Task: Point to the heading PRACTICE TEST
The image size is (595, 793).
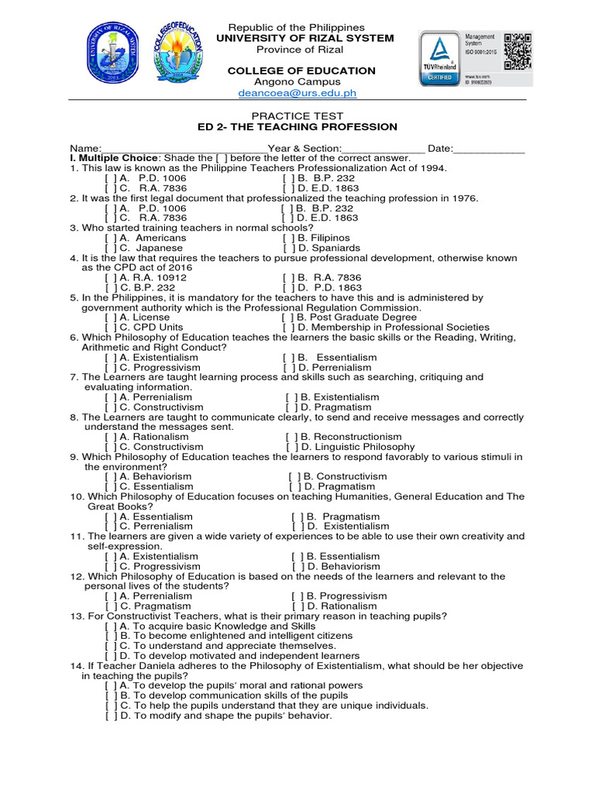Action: [298, 116]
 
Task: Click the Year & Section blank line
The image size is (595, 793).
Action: [383, 149]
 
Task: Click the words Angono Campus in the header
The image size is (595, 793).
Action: [297, 82]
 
